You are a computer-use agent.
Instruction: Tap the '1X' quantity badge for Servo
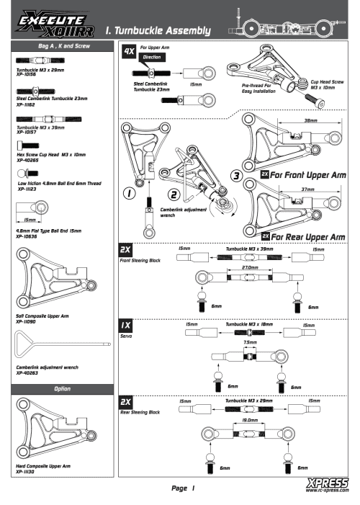[127, 326]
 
